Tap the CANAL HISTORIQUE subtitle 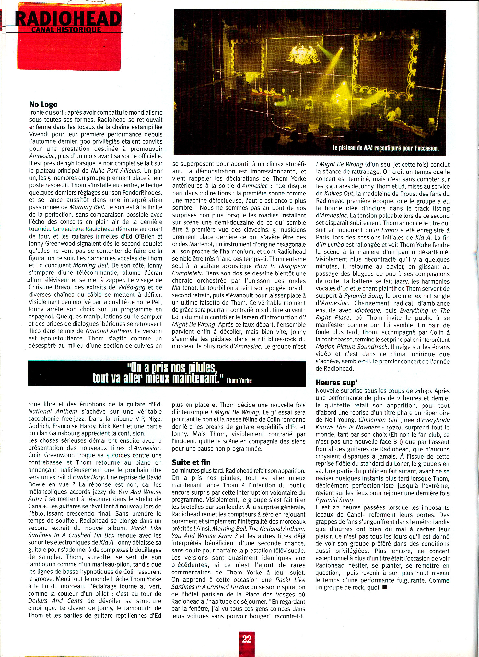(66, 30)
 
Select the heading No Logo (43, 104)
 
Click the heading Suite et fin (191, 462)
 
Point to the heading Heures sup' (336, 383)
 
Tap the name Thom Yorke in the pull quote (239, 380)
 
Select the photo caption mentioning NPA (385, 149)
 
